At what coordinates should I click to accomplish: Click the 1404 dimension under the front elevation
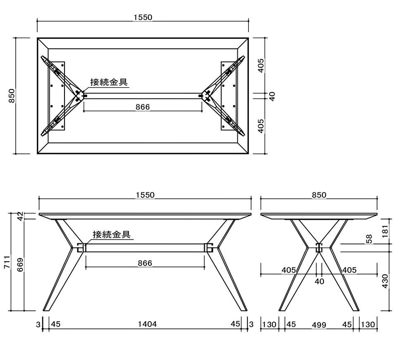pyautogui.click(x=147, y=324)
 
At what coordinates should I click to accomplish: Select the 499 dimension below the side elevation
pyautogui.click(x=319, y=324)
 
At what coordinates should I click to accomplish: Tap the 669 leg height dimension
pyautogui.click(x=20, y=264)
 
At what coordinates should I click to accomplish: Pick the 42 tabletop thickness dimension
pyautogui.click(x=20, y=216)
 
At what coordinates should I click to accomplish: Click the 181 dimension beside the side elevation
pyautogui.click(x=385, y=231)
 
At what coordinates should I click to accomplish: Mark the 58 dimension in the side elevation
pyautogui.click(x=369, y=239)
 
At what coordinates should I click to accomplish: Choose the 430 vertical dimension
pyautogui.click(x=385, y=281)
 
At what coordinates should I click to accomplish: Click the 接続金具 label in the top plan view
pyautogui.click(x=109, y=82)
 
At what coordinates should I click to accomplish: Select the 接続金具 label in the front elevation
pyautogui.click(x=112, y=234)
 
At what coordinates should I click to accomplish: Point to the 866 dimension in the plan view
pyautogui.click(x=143, y=107)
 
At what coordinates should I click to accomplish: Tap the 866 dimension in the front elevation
pyautogui.click(x=145, y=263)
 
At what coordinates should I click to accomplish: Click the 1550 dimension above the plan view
pyautogui.click(x=143, y=17)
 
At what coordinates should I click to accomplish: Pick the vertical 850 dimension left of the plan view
pyautogui.click(x=12, y=96)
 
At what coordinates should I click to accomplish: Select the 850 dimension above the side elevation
pyautogui.click(x=319, y=195)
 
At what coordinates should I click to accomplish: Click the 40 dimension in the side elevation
pyautogui.click(x=319, y=281)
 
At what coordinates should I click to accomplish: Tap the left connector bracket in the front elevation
pyautogui.click(x=81, y=248)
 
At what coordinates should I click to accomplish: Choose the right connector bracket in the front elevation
pyautogui.click(x=208, y=248)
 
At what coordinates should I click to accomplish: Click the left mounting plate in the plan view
pyautogui.click(x=56, y=96)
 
